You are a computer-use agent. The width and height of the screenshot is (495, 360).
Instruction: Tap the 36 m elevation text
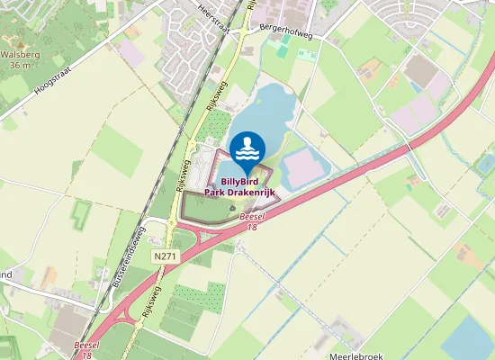20,65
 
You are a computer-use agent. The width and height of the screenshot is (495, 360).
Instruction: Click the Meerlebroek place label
356,345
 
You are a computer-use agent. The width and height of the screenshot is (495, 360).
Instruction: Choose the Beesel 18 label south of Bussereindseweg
87,349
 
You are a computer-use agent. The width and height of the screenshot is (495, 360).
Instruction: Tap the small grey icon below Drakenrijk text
232,208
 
